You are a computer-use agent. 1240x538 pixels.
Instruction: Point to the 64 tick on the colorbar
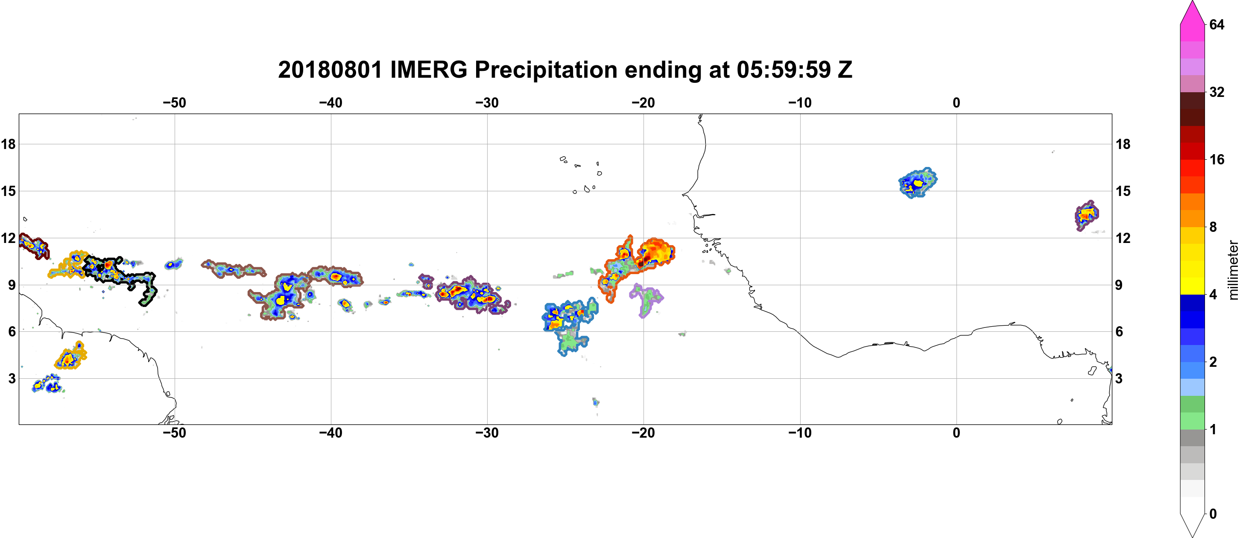coord(1217,24)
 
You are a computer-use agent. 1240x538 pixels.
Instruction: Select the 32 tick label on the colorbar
coord(1217,92)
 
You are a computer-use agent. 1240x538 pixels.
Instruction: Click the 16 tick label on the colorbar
coord(1217,159)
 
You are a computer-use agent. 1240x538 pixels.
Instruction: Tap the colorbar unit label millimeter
coord(1233,270)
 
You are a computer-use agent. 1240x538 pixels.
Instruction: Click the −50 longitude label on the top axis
coord(174,102)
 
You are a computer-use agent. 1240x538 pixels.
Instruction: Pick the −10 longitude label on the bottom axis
coord(800,433)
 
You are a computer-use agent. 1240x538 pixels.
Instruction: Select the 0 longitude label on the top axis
coord(956,102)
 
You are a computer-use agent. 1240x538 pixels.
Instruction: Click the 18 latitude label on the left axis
coord(8,144)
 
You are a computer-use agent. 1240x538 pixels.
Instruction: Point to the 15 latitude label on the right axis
coord(1123,191)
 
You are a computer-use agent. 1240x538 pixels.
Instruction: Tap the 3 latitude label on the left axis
coord(12,378)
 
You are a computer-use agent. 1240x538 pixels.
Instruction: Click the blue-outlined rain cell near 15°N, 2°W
coord(918,183)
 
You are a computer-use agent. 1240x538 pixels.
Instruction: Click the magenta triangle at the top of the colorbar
coord(1192,12)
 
